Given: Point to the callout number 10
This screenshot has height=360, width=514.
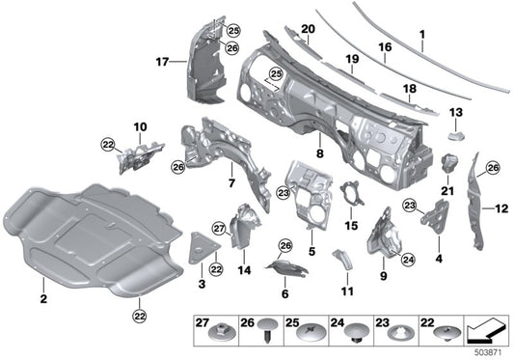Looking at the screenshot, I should pos(139,126).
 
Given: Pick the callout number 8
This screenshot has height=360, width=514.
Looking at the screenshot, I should pos(319,152).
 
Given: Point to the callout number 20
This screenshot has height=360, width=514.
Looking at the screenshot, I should pos(308,29).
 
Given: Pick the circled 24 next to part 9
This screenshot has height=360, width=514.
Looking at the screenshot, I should pos(408,260).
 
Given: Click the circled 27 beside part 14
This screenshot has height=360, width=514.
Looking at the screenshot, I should pos(219,228).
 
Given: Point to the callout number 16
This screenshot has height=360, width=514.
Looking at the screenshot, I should pos(386,45).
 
